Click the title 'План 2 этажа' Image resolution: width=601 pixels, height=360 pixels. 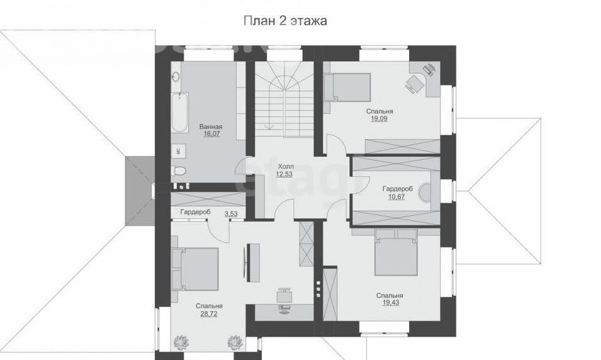(285, 20)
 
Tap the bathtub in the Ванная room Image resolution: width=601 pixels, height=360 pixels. (179, 112)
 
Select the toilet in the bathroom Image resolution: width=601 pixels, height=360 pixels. (179, 170)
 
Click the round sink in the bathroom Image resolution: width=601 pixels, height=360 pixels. (176, 77)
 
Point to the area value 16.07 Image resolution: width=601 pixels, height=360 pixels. (211, 134)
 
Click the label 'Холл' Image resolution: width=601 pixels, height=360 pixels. (286, 166)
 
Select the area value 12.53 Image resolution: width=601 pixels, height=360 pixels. (284, 174)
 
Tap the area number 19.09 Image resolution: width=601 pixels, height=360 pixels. (379, 118)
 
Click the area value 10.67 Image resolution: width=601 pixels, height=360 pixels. (396, 196)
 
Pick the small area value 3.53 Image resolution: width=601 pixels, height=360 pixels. (231, 213)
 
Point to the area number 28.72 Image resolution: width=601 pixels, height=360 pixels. (208, 313)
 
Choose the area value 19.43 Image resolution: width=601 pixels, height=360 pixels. (390, 303)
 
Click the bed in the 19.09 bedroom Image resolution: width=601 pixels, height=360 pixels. (347, 87)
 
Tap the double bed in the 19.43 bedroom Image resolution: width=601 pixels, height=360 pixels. (396, 252)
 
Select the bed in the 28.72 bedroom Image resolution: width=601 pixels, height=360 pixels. (195, 269)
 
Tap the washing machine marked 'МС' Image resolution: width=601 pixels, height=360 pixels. (179, 150)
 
